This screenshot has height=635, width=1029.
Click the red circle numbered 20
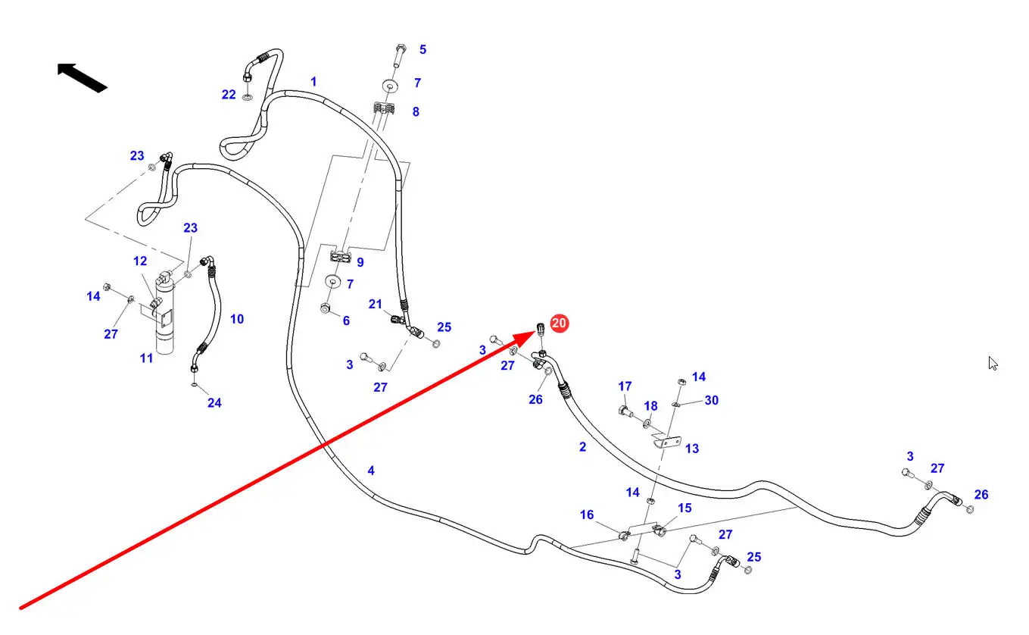point(559,324)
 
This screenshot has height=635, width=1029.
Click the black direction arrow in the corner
point(82,77)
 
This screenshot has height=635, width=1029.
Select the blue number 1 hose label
point(313,82)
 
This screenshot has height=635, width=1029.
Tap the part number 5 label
point(423,50)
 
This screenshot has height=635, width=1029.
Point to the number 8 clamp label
point(416,112)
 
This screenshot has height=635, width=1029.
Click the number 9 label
point(360,262)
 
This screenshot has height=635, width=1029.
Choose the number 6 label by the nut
point(346,321)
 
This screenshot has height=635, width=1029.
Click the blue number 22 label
point(229,95)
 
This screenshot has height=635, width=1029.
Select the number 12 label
point(140,261)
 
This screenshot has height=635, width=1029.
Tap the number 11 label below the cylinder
point(146,358)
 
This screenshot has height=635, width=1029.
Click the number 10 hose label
point(237,319)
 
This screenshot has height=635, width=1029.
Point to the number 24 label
point(214,403)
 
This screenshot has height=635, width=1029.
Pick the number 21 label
point(376,304)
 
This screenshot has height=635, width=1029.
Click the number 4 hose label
point(371,471)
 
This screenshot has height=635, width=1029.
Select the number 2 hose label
point(582,447)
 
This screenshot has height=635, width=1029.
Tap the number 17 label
point(625,386)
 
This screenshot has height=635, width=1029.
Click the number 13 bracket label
point(692,449)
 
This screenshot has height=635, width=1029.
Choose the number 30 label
point(712,400)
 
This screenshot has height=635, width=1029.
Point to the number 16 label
point(587,515)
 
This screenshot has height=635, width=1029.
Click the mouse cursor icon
point(993,363)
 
